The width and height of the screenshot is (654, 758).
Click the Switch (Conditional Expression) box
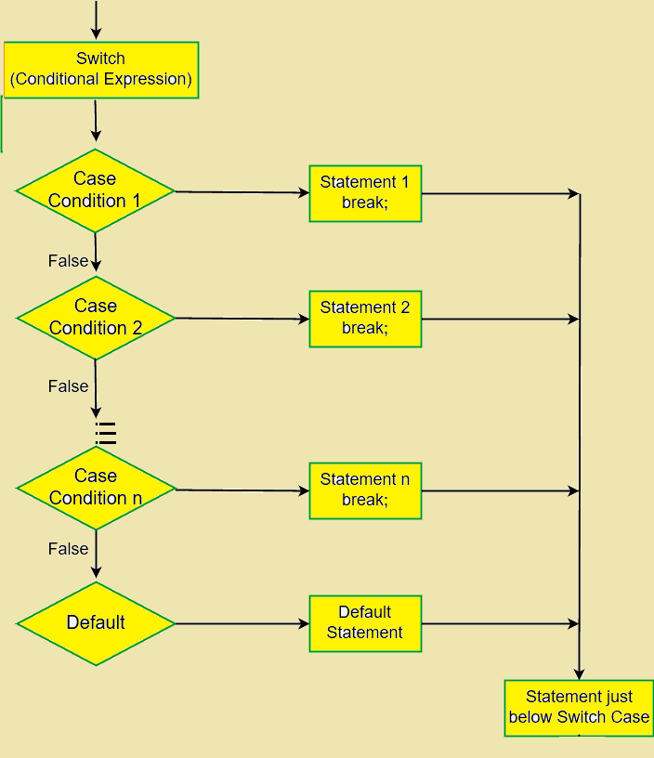pos(101,70)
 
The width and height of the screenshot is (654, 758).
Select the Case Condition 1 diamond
pos(96,190)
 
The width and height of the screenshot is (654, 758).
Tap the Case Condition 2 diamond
pos(96,318)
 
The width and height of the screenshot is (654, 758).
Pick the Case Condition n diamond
pos(96,488)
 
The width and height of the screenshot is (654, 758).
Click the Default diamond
pos(96,623)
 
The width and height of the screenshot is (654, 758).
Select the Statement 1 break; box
pos(365,193)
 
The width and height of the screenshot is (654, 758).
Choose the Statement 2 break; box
pos(365,319)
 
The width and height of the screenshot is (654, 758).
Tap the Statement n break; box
pos(365,490)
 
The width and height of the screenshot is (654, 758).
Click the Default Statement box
pos(365,623)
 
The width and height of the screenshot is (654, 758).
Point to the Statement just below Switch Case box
pos(578,708)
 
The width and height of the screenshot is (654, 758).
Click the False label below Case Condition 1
pos(68,261)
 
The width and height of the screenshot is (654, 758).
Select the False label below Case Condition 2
pos(68,386)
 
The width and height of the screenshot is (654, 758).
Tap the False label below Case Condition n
pos(68,549)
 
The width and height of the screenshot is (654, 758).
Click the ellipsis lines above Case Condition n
pos(106,433)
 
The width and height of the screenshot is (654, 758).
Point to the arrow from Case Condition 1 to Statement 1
pos(242,192)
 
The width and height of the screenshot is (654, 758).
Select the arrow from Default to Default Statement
pos(242,623)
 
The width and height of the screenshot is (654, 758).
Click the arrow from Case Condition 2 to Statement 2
pos(242,319)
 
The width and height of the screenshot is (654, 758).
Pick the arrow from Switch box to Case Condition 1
pos(96,121)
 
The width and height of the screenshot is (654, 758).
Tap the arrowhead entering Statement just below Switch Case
pos(579,673)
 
